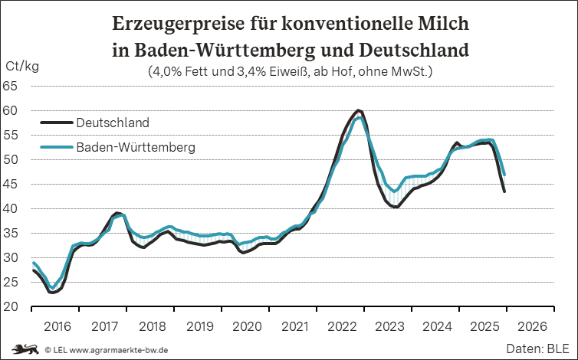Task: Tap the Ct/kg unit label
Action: pos(21,67)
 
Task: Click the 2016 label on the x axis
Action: pos(57,326)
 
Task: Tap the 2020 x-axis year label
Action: pos(247,326)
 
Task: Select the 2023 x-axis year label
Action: pos(389,326)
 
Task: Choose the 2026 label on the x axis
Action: pos(532,326)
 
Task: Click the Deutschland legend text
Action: pos(113,123)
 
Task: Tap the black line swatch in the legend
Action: pos(55,123)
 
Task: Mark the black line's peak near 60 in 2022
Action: pos(359,111)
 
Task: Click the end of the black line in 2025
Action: pos(504,191)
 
